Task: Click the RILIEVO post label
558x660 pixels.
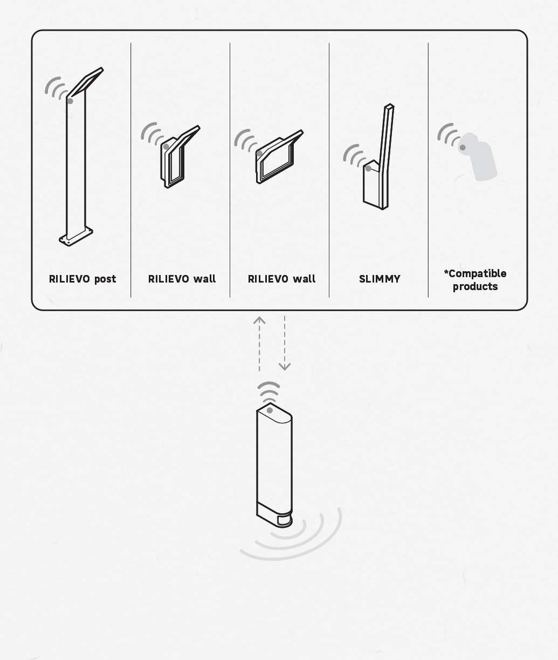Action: [82, 279]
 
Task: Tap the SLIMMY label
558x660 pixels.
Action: [380, 279]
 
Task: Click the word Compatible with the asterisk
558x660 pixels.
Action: [475, 273]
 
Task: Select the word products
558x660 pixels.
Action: [475, 286]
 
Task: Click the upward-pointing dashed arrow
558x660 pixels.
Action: [259, 343]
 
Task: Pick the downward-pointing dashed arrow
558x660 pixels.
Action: [285, 343]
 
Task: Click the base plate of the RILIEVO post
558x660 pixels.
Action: [76, 236]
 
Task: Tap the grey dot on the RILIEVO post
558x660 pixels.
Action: [70, 101]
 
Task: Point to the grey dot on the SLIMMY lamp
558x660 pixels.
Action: [368, 168]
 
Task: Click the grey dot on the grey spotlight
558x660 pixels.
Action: [462, 148]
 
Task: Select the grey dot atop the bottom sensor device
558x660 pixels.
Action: [270, 410]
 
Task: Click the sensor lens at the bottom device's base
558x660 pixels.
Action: [284, 520]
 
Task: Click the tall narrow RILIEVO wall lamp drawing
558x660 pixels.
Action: [180, 156]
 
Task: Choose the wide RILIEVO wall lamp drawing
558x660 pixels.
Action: [279, 156]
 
